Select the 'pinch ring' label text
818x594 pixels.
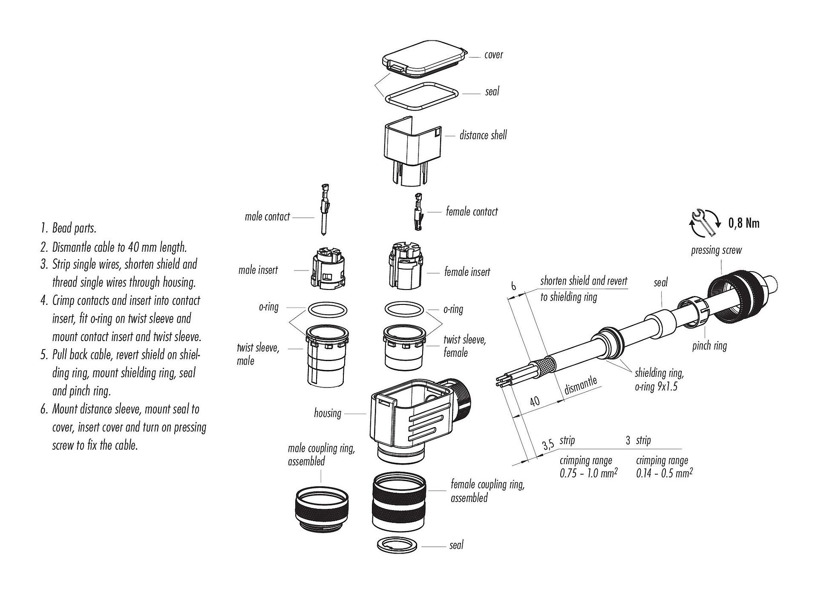click(x=709, y=346)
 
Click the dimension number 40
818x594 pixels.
click(x=535, y=401)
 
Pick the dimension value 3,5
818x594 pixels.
click(x=547, y=445)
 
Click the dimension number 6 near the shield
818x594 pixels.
click(x=514, y=286)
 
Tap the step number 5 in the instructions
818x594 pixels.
click(x=44, y=355)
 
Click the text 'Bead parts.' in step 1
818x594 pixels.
click(x=74, y=228)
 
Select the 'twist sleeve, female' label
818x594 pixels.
click(x=464, y=346)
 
